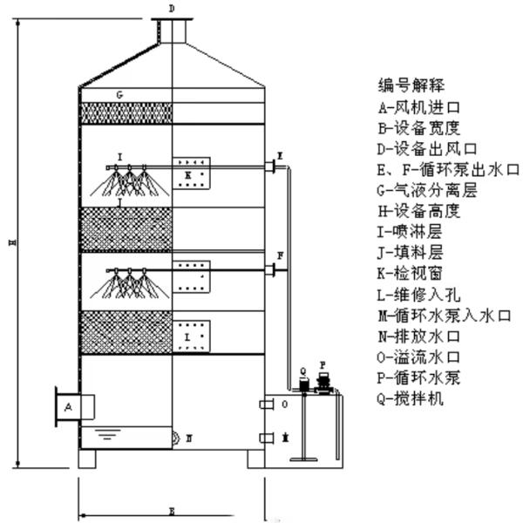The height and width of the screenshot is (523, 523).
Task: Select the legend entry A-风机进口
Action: click(x=418, y=108)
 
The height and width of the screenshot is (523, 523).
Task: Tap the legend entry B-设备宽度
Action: click(x=418, y=128)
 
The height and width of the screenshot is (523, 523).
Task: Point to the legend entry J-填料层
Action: click(x=411, y=252)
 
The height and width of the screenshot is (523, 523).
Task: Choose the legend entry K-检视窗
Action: click(x=411, y=273)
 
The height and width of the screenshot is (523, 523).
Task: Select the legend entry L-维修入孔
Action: click(x=418, y=294)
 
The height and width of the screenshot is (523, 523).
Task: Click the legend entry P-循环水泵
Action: click(x=418, y=377)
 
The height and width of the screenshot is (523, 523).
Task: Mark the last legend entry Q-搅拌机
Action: click(x=411, y=398)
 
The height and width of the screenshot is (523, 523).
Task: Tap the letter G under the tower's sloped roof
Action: click(x=119, y=94)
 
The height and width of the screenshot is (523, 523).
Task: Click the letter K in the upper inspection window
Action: click(x=187, y=175)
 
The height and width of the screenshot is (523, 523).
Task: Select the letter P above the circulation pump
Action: click(x=323, y=364)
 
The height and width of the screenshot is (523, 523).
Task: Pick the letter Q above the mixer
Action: click(x=302, y=370)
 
